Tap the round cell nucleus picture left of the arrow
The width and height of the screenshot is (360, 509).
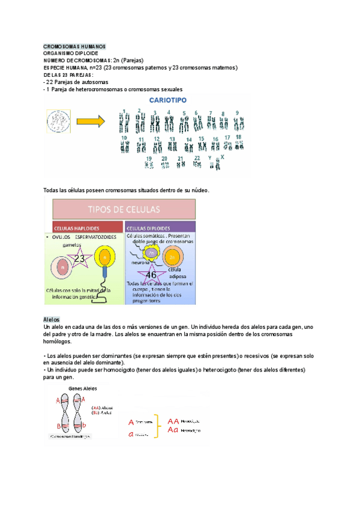pyautogui.click(x=59, y=121)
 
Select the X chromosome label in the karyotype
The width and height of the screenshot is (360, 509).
pyautogui.click(x=223, y=156)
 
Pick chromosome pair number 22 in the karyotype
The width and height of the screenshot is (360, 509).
pyautogui.click(x=196, y=164)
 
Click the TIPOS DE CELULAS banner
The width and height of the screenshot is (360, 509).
pyautogui.click(x=124, y=209)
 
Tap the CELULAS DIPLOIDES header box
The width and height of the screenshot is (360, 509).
pyautogui.click(x=160, y=229)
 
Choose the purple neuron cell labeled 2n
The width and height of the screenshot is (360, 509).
pyautogui.click(x=153, y=253)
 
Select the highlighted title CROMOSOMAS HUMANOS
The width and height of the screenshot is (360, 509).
pyautogui.click(x=75, y=46)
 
